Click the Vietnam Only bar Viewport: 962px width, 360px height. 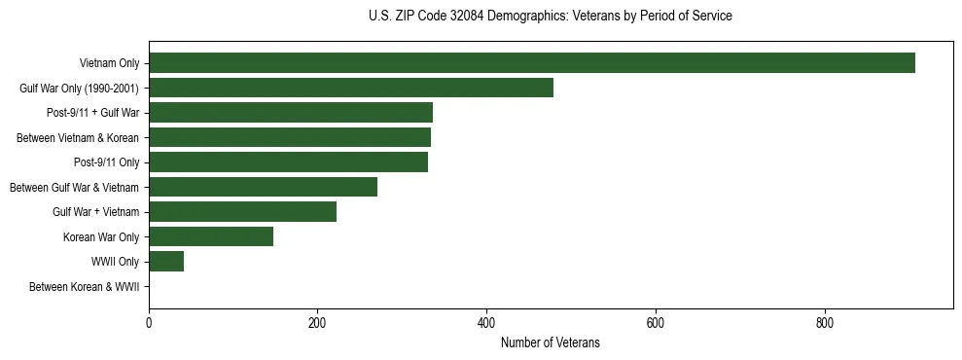pyautogui.click(x=531, y=63)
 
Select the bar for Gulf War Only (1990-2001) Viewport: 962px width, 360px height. pyautogui.click(x=351, y=88)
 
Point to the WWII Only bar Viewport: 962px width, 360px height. pyautogui.click(x=166, y=262)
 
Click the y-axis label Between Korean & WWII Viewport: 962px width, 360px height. pyautogui.click(x=84, y=287)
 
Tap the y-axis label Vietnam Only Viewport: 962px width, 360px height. pyautogui.click(x=109, y=64)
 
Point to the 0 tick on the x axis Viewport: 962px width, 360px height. pyautogui.click(x=149, y=323)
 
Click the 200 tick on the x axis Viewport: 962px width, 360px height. pyautogui.click(x=317, y=323)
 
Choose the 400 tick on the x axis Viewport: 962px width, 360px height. pyautogui.click(x=486, y=323)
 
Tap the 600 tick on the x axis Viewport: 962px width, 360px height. pyautogui.click(x=655, y=323)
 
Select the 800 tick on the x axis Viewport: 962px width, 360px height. pyautogui.click(x=824, y=323)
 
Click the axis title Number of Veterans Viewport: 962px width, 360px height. pyautogui.click(x=550, y=343)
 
